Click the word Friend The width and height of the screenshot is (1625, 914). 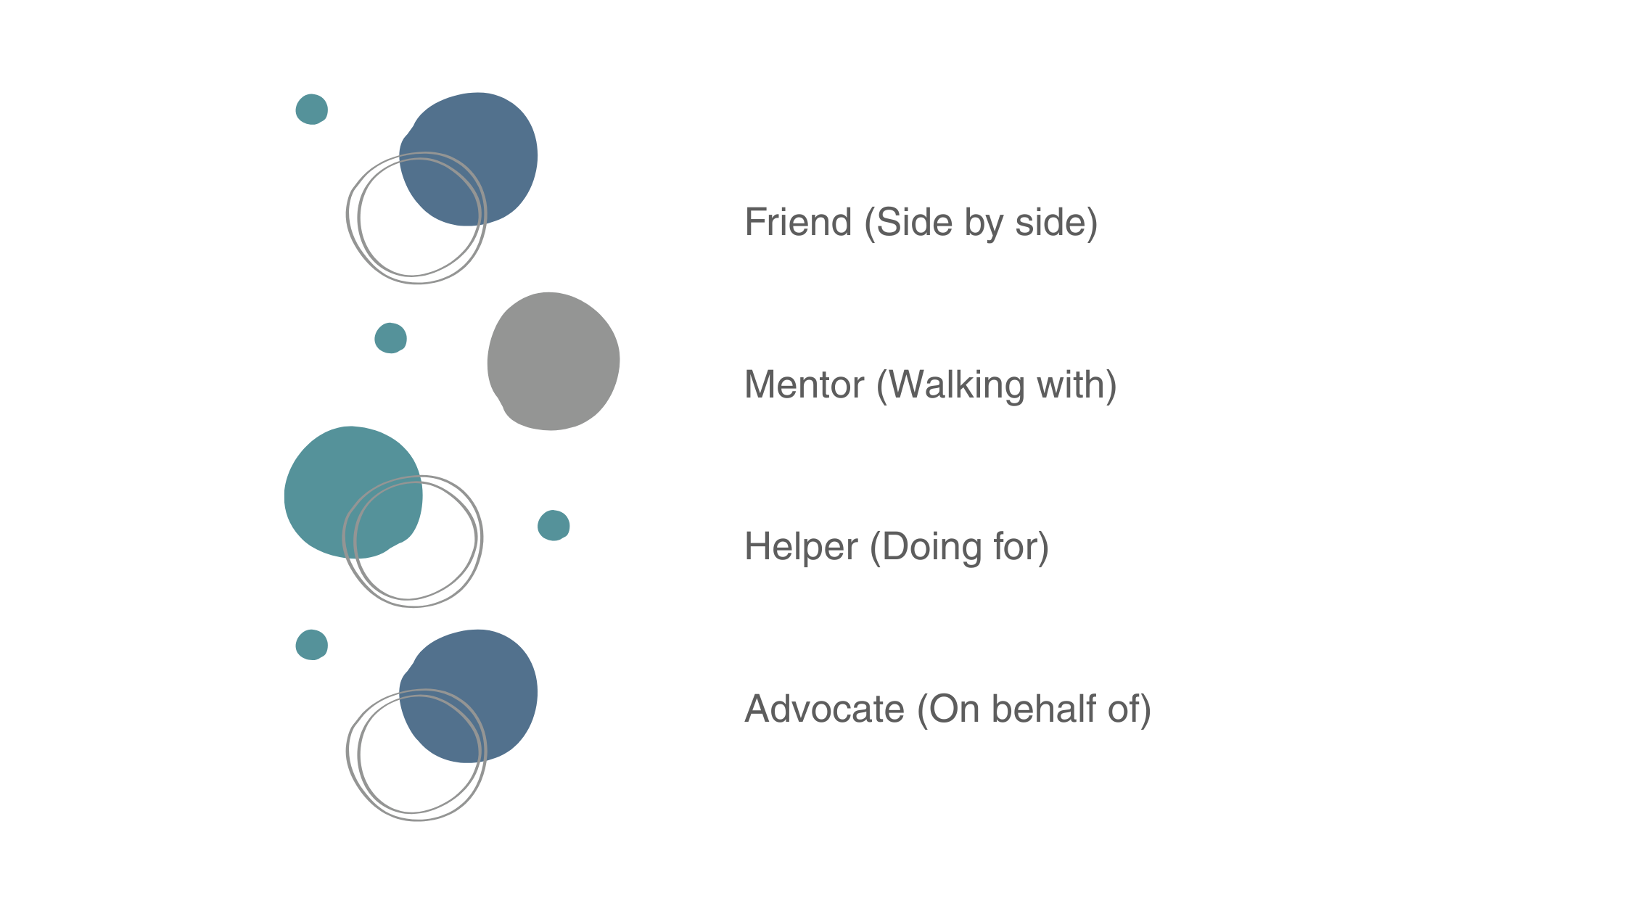click(x=798, y=222)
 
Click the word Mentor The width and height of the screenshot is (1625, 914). click(x=805, y=384)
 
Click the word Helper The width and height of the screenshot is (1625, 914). click(x=801, y=547)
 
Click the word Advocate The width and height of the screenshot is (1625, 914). click(x=824, y=709)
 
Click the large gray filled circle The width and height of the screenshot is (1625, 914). click(x=554, y=361)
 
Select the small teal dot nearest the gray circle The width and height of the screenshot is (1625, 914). click(x=390, y=338)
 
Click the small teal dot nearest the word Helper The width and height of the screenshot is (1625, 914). click(x=554, y=525)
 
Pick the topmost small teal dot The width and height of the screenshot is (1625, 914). click(x=311, y=110)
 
